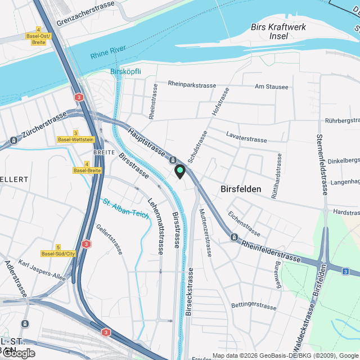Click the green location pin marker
pyautogui.click(x=180, y=170)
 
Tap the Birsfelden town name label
pyautogui.click(x=241, y=190)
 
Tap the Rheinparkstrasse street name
pyautogui.click(x=192, y=85)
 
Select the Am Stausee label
pyautogui.click(x=271, y=87)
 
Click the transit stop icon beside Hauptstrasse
pyautogui.click(x=173, y=160)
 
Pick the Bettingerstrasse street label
pyautogui.click(x=254, y=305)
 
